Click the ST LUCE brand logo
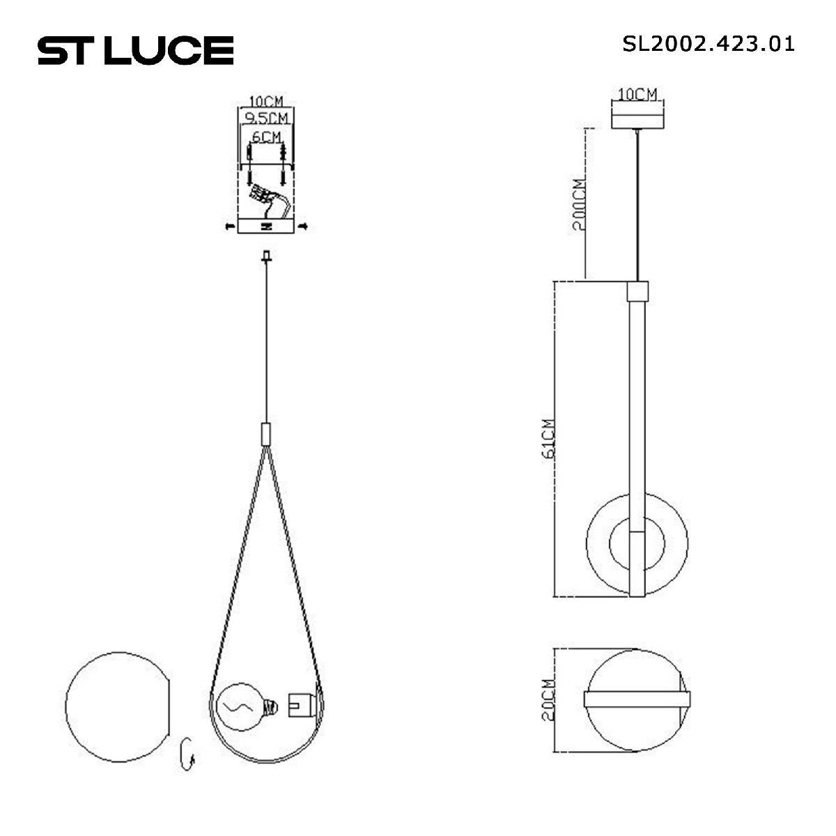click(x=135, y=50)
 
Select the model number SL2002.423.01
click(x=708, y=44)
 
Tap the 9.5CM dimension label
click(x=267, y=117)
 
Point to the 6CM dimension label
click(x=267, y=137)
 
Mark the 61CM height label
click(x=548, y=439)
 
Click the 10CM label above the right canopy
click(x=637, y=94)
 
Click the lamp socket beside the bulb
click(x=300, y=706)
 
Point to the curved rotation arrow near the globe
click(x=187, y=754)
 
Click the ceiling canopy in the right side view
click(x=637, y=116)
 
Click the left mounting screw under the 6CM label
click(x=249, y=164)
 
